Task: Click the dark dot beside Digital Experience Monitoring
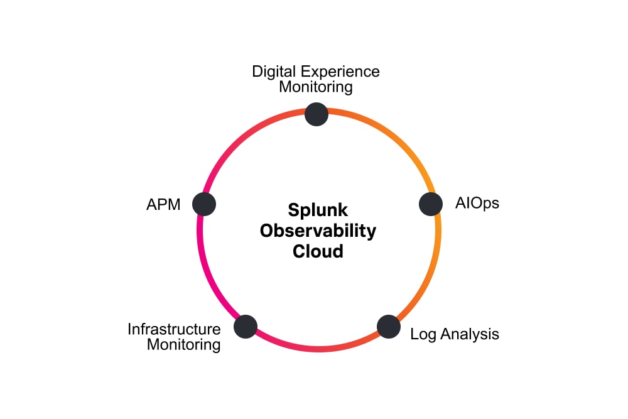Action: tap(317, 114)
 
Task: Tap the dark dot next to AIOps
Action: tap(431, 204)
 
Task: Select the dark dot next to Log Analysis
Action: tap(389, 327)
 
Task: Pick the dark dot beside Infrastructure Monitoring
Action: tap(246, 327)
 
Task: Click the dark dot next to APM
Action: tap(204, 204)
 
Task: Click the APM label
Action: tap(163, 205)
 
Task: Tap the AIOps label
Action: tap(477, 204)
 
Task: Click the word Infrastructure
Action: tap(175, 329)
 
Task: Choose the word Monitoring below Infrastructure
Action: tap(183, 345)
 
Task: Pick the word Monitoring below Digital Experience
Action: tap(316, 87)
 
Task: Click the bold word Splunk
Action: tap(318, 209)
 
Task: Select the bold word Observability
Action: tap(318, 231)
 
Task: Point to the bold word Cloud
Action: tap(318, 251)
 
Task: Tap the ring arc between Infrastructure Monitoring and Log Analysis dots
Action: tap(317, 349)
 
